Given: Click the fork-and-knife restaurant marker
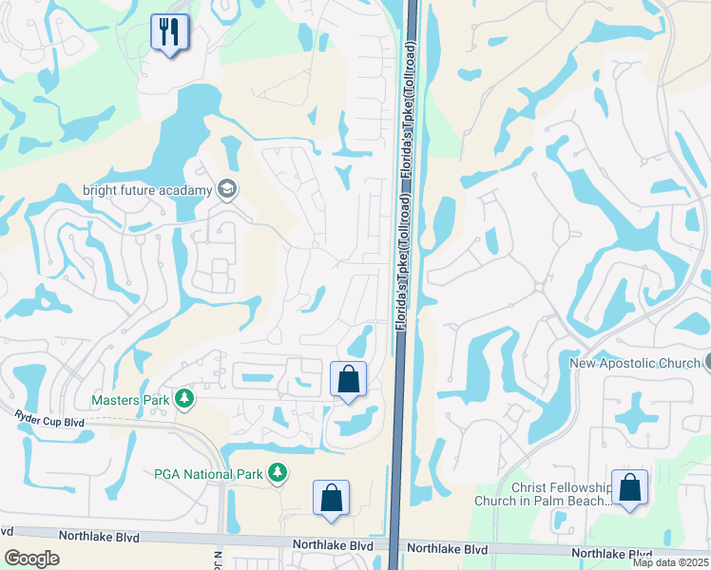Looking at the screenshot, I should (169, 32).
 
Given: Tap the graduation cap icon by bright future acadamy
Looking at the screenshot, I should (226, 190).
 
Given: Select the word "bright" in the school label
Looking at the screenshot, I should (101, 190).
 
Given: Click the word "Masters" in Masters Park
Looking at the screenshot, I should (115, 400).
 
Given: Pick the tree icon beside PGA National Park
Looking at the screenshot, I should (277, 472).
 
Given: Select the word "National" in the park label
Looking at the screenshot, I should (208, 473).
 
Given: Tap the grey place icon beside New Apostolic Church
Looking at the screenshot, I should (708, 362).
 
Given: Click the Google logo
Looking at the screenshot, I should (31, 558).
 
